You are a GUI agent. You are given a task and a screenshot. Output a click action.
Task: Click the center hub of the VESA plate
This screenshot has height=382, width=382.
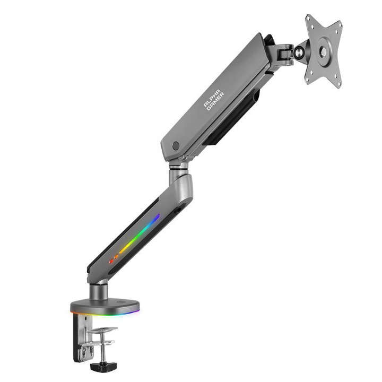coord(323,51)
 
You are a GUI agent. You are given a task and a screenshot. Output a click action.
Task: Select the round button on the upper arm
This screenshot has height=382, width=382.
coord(176,146)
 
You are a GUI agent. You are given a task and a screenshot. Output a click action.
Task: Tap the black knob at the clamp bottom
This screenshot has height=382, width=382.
coord(103,367)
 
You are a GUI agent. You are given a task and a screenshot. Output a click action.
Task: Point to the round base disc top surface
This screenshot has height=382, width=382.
coord(105,305)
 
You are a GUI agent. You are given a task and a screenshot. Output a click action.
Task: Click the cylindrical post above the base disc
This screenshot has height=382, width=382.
coord(99,291)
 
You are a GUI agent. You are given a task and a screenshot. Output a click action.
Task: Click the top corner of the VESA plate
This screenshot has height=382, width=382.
coord(308,15)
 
